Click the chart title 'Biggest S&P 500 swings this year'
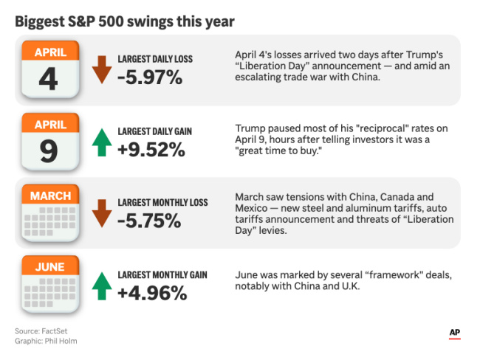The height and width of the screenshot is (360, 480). click(x=125, y=21)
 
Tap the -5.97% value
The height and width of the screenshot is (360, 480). click(x=151, y=77)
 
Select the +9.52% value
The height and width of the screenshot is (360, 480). click(x=151, y=150)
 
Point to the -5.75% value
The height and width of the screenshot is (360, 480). click(x=151, y=221)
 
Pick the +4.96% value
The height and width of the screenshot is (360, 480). click(x=152, y=293)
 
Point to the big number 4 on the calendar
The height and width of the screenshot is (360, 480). click(x=48, y=79)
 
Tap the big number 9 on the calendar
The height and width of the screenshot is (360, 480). click(x=49, y=150)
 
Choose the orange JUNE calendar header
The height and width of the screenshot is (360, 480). click(x=51, y=267)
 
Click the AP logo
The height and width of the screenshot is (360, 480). click(x=455, y=333)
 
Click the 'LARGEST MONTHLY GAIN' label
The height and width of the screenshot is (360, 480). click(x=162, y=275)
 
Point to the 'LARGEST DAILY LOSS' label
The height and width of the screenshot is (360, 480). click(x=156, y=59)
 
